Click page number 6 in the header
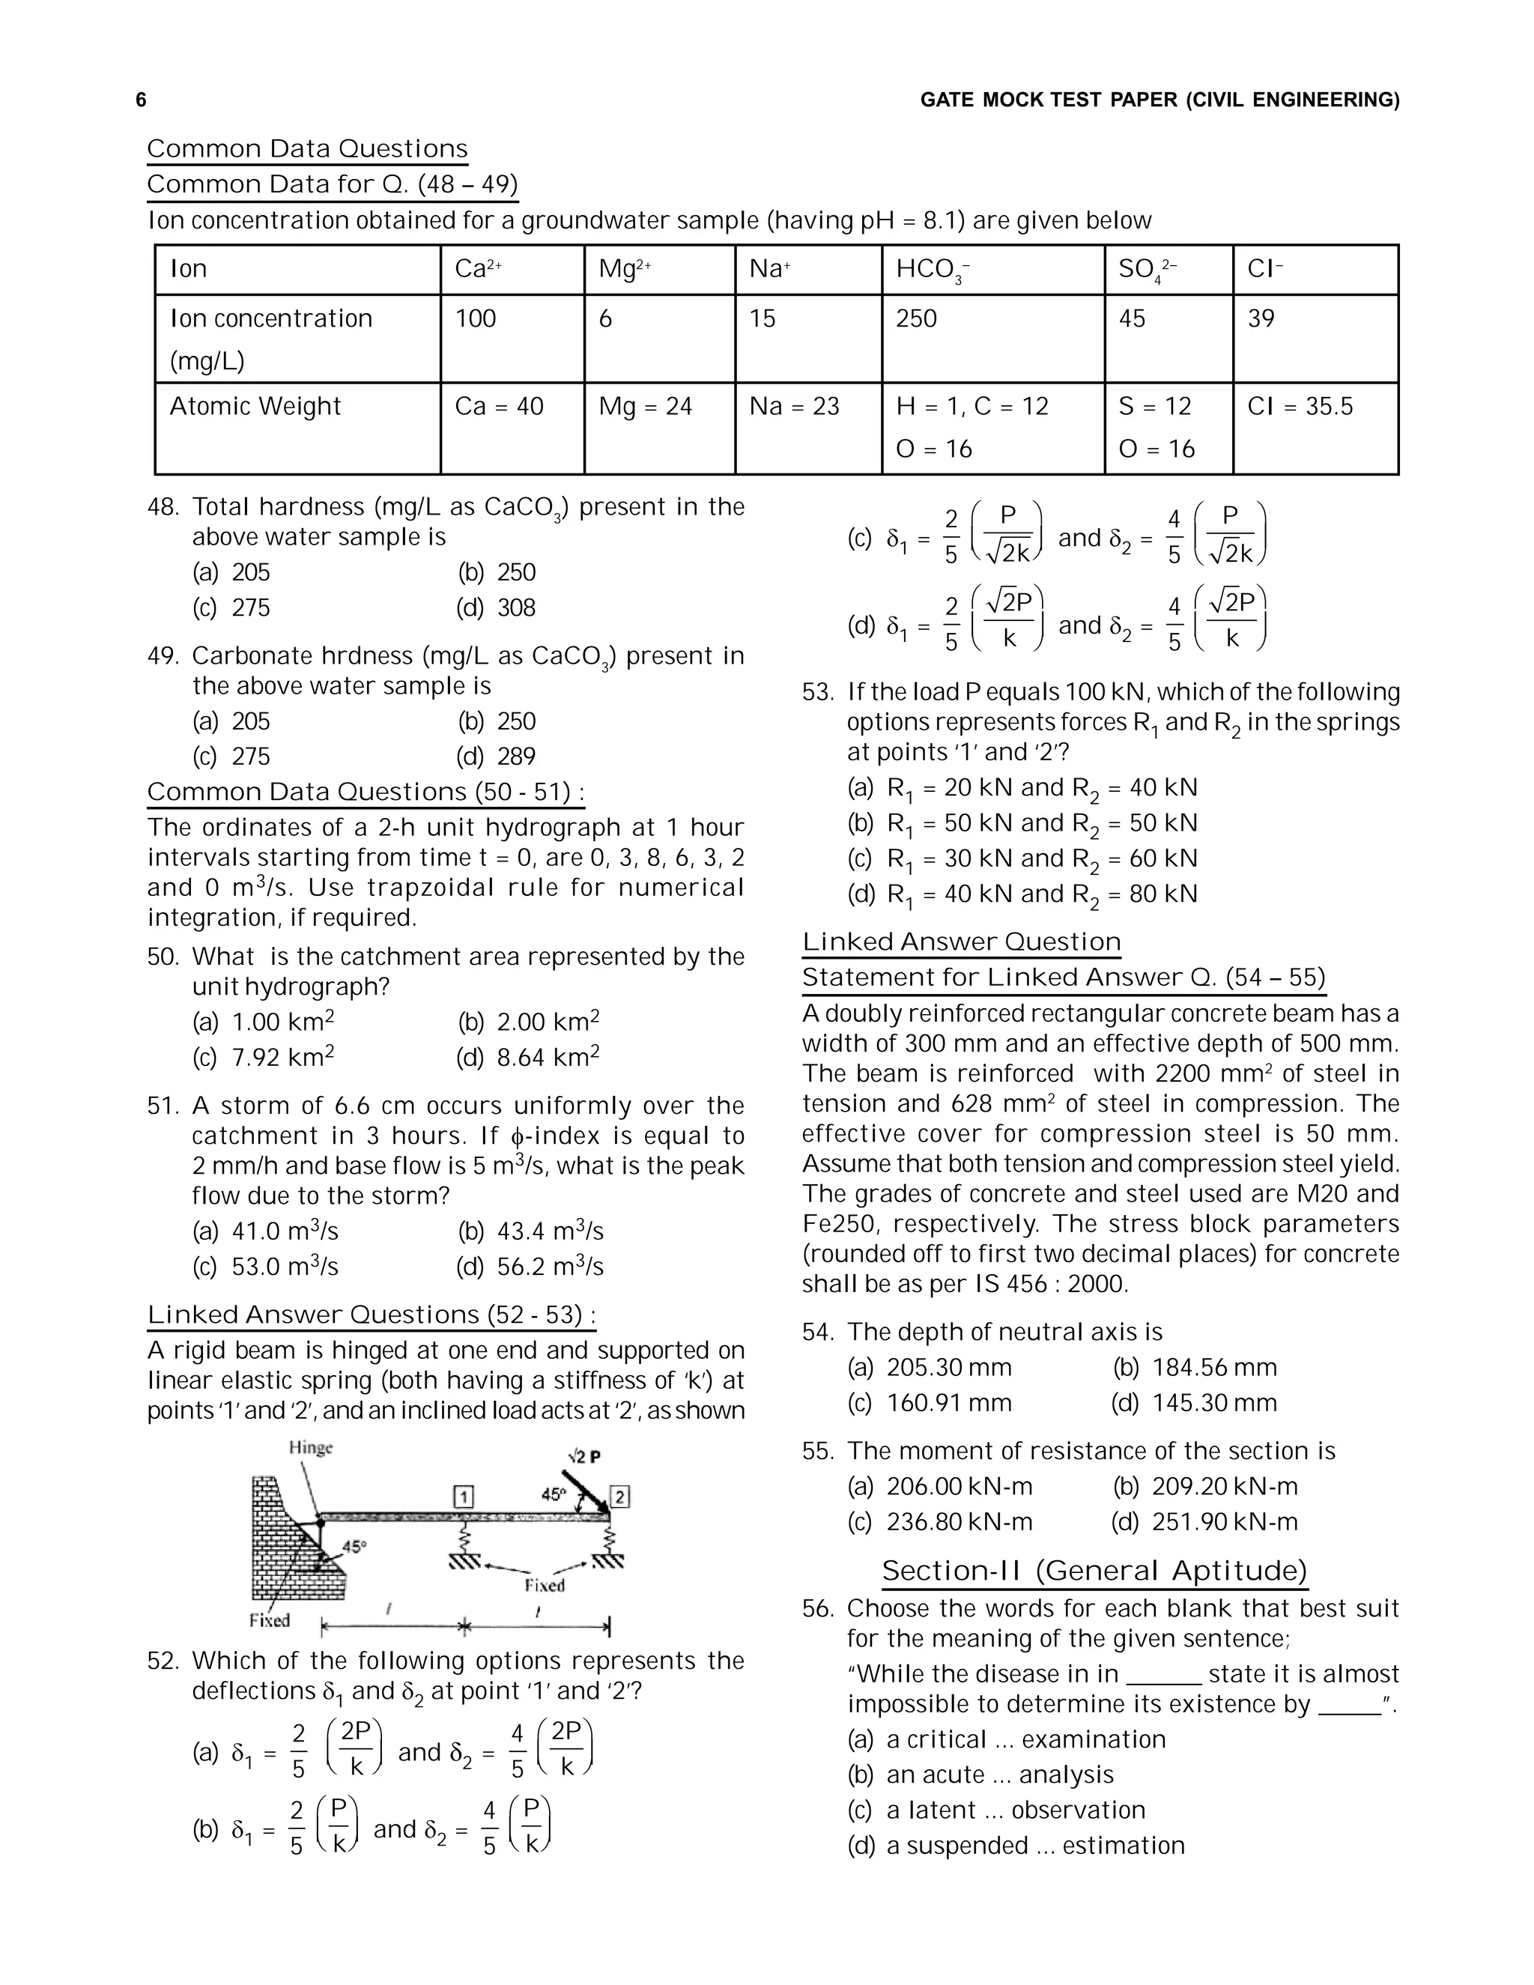tap(141, 100)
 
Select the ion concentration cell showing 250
tap(916, 318)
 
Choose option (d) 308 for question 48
tap(497, 608)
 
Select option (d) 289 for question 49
tap(497, 757)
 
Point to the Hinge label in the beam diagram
tap(311, 1448)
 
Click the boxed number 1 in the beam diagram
tap(463, 1496)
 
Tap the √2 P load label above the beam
tap(583, 1457)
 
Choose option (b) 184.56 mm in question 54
tap(1195, 1368)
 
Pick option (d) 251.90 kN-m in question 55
tap(1204, 1522)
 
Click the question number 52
tap(163, 1661)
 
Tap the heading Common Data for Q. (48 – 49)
tap(332, 184)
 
